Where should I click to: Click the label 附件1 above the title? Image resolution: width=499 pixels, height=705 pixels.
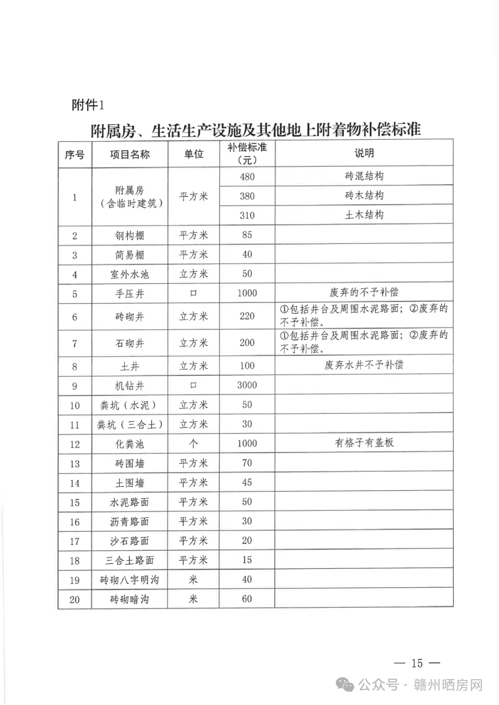pyautogui.click(x=88, y=105)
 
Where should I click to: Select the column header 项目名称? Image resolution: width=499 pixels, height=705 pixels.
pyautogui.click(x=130, y=154)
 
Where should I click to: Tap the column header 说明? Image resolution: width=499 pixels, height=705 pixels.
pyautogui.click(x=364, y=153)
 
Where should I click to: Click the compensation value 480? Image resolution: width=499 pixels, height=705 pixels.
pyautogui.click(x=247, y=176)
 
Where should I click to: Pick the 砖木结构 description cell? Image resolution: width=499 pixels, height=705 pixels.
pyautogui.click(x=364, y=195)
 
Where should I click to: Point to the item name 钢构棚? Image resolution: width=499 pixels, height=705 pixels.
pyautogui.click(x=130, y=236)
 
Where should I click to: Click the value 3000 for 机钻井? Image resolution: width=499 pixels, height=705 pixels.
pyautogui.click(x=247, y=385)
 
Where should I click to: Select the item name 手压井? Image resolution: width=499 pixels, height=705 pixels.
pyautogui.click(x=130, y=294)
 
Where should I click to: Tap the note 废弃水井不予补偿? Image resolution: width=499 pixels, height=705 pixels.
pyautogui.click(x=364, y=365)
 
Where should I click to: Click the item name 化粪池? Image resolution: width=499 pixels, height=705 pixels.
pyautogui.click(x=130, y=444)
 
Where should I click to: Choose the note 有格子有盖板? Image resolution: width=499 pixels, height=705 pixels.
pyautogui.click(x=364, y=443)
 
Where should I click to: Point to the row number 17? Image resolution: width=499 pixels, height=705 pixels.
pyautogui.click(x=75, y=541)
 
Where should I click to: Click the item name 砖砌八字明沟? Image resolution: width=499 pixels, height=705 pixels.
pyautogui.click(x=130, y=580)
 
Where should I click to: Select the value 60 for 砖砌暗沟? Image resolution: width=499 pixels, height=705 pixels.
pyautogui.click(x=247, y=599)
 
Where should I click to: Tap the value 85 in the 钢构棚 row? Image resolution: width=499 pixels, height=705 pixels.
pyautogui.click(x=247, y=235)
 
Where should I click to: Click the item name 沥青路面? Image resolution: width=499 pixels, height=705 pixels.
pyautogui.click(x=130, y=522)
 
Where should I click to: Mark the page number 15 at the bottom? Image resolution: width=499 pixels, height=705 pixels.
pyautogui.click(x=417, y=663)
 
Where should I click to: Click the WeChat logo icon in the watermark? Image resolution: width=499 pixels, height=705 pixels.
pyautogui.click(x=345, y=685)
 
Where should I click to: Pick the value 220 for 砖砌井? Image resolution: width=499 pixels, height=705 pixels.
pyautogui.click(x=247, y=316)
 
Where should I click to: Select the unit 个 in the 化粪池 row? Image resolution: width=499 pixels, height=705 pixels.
pyautogui.click(x=194, y=444)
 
